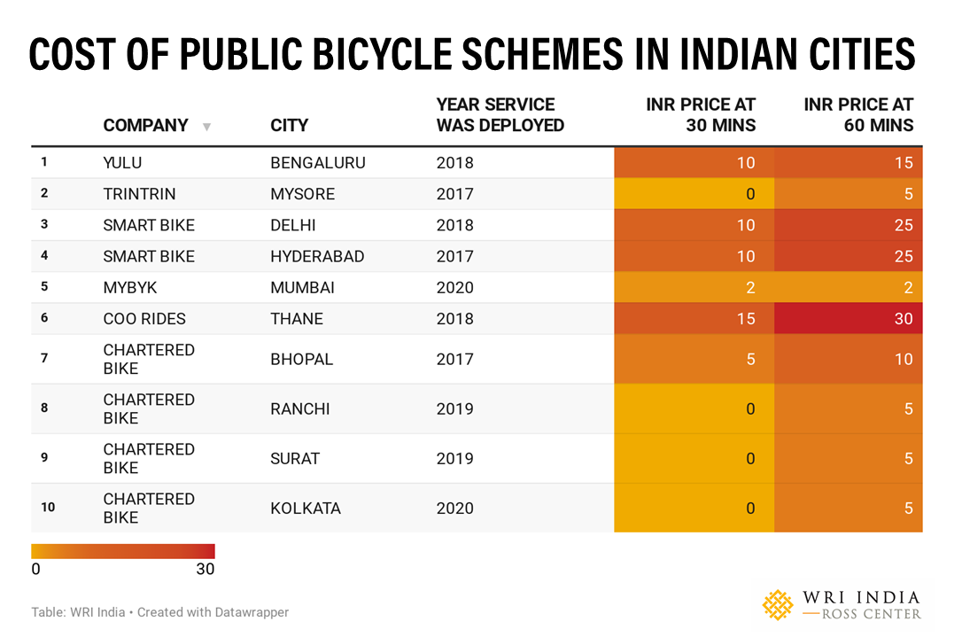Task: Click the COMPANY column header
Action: [x=145, y=125]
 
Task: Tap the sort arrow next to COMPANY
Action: [x=206, y=127]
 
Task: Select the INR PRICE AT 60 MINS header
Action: [x=857, y=115]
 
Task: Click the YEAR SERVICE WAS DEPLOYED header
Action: [x=500, y=115]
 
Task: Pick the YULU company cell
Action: [x=122, y=163]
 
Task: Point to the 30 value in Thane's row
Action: [x=902, y=319]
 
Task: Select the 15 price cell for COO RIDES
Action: [x=745, y=319]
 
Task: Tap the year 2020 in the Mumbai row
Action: [x=454, y=288]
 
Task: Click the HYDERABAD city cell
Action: [x=317, y=257]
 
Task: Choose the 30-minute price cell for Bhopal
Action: [x=749, y=360]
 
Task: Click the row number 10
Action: [x=48, y=508]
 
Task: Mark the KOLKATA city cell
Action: [x=305, y=509]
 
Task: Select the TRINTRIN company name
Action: [x=139, y=194]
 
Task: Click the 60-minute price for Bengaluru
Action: [x=902, y=163]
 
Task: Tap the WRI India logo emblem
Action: [x=779, y=605]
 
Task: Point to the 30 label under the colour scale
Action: [x=205, y=570]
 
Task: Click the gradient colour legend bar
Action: [x=123, y=551]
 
